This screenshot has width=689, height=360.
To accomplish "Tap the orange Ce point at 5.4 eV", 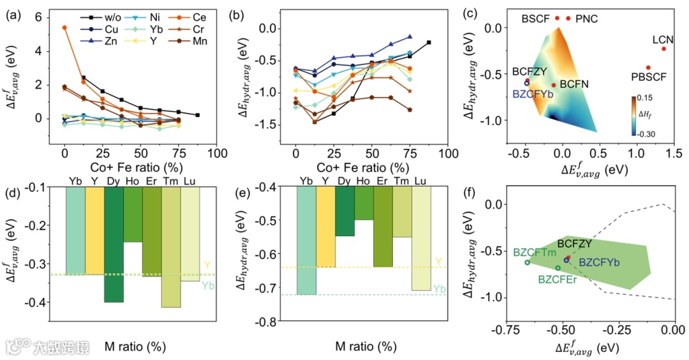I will pyautogui.click(x=64, y=27).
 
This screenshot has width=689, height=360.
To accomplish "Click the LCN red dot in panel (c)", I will pyautogui.click(x=663, y=49).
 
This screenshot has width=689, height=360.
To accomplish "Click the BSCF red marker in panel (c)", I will pyautogui.click(x=557, y=18).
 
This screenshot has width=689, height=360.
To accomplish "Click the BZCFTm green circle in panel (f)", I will pyautogui.click(x=528, y=262).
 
